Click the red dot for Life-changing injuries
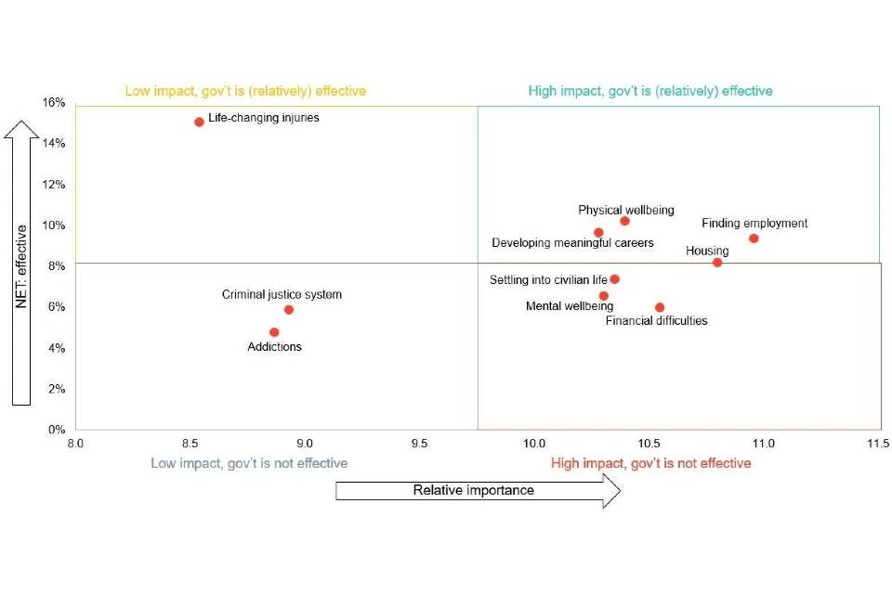tap(199, 122)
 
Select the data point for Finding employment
tap(754, 239)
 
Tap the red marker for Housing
tap(717, 263)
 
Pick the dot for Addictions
tap(274, 332)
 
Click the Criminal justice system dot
tap(289, 310)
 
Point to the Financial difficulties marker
tap(660, 307)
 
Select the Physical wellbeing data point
tap(624, 221)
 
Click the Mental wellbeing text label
tap(557, 306)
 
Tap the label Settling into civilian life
tap(548, 280)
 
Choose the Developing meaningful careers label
tap(572, 243)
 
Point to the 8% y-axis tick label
tap(57, 266)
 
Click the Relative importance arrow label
tap(474, 490)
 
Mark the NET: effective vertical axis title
tap(22, 265)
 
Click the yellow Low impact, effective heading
tap(245, 91)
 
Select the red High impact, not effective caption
tap(650, 463)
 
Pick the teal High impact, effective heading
tap(650, 91)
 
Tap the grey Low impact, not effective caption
tap(249, 463)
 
